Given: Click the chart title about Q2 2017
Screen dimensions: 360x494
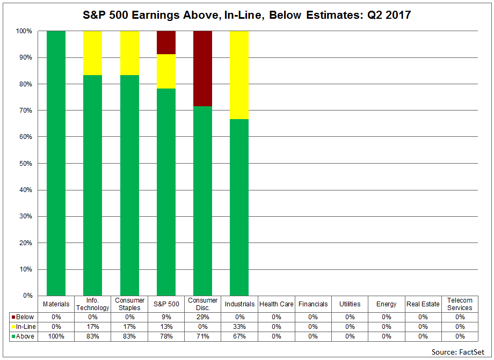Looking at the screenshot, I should point(246,15).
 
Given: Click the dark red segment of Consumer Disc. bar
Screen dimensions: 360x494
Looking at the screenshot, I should point(202,69).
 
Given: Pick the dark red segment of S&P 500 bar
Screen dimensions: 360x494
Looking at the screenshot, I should point(166,42).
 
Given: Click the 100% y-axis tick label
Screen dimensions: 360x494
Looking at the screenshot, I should point(23,31).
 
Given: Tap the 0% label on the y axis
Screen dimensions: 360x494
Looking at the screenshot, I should point(26,296).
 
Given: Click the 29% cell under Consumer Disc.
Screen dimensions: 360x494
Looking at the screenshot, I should point(202,317).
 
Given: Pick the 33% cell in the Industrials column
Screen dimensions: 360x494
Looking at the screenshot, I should point(239,326).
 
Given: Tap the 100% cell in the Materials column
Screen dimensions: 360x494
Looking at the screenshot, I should point(56,336).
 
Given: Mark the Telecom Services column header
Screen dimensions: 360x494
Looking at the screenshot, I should point(459,304).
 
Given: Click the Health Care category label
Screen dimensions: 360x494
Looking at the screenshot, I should point(276,304).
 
